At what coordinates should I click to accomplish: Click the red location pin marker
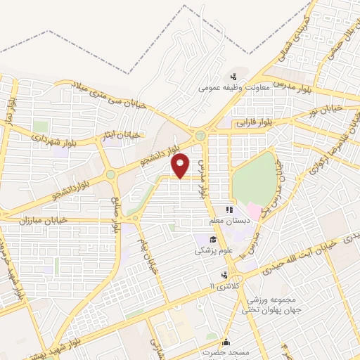181,165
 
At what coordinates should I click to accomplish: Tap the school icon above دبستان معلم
228,210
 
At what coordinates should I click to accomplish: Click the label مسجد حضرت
221,349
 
